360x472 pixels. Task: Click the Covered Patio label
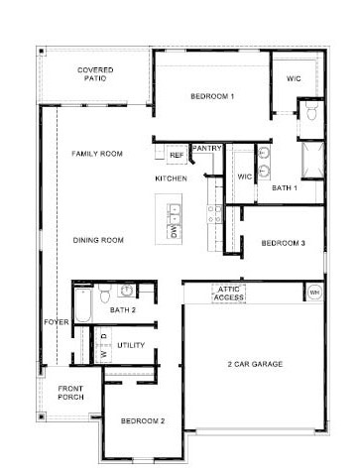(95, 74)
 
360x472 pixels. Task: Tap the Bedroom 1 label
(212, 96)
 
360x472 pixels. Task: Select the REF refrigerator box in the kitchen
(177, 155)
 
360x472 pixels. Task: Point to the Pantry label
(206, 149)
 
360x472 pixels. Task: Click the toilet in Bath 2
(105, 293)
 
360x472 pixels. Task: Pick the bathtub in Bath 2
(82, 305)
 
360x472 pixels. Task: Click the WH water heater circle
(314, 293)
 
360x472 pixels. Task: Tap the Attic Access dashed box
(228, 294)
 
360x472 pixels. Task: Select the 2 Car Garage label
(255, 364)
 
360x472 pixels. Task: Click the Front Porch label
(70, 393)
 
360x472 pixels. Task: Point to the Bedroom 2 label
(143, 421)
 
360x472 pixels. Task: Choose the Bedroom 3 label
(283, 243)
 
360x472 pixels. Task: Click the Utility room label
(131, 345)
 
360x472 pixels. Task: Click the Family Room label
(97, 154)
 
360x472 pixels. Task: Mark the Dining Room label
(98, 240)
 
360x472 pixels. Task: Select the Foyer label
(57, 322)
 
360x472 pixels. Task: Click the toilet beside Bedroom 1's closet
(311, 110)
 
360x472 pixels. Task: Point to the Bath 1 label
(285, 188)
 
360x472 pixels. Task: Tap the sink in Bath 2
(126, 291)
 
